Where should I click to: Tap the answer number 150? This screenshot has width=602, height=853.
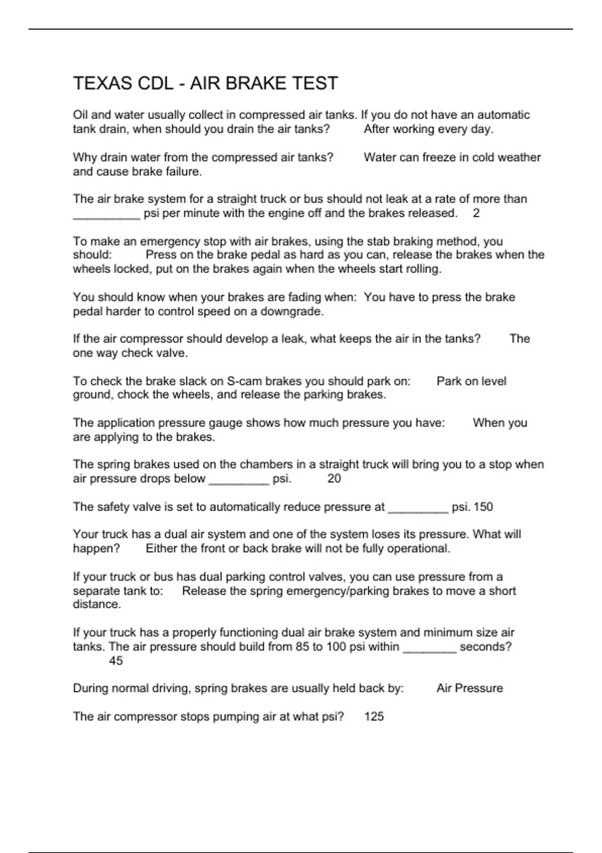click(483, 507)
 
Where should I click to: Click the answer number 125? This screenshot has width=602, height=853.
click(374, 716)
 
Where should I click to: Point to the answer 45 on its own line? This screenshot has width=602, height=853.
click(116, 660)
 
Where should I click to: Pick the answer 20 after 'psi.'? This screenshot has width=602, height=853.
click(334, 478)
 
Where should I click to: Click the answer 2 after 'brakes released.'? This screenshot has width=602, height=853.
click(476, 213)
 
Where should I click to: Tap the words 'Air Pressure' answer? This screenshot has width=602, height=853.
click(470, 688)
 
